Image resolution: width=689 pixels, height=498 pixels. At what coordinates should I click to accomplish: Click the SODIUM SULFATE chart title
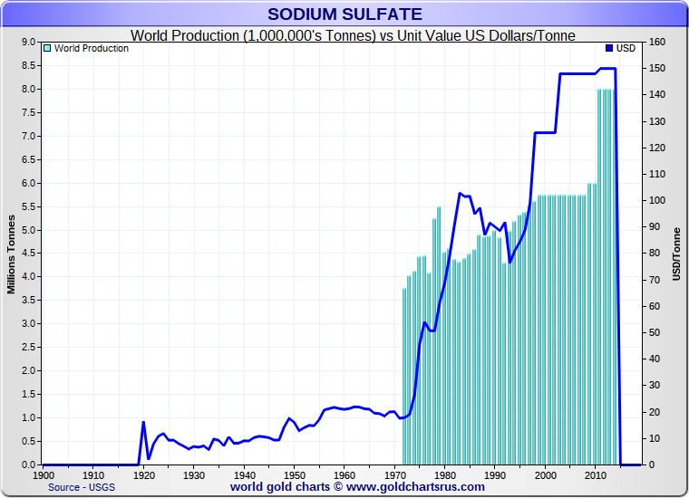[x=344, y=14]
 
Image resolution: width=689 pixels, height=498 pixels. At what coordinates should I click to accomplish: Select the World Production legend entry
[x=91, y=48]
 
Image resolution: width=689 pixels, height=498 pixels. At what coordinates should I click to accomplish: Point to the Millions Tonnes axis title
[x=12, y=254]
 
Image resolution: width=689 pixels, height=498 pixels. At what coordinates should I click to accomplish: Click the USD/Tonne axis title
[x=676, y=254]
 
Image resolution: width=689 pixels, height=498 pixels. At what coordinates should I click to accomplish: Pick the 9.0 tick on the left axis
[x=27, y=43]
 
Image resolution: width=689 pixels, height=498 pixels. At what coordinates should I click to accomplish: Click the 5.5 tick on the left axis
[x=27, y=206]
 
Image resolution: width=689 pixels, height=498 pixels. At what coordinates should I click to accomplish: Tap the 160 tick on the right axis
[x=657, y=43]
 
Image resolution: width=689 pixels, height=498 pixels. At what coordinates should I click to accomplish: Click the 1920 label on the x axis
[x=143, y=474]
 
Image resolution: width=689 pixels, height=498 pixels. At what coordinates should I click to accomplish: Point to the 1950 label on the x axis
[x=294, y=474]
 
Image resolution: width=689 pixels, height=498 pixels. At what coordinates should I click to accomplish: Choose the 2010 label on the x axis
[x=595, y=474]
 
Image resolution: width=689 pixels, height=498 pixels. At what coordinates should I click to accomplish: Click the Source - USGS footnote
[x=81, y=487]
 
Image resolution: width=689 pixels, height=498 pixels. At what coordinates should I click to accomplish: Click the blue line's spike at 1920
[x=143, y=422]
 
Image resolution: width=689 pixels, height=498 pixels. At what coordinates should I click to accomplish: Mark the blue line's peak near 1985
[x=461, y=193]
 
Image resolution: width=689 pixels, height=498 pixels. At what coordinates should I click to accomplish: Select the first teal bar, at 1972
[x=404, y=376]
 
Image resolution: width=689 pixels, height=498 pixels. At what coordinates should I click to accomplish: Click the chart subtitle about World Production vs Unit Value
[x=353, y=35]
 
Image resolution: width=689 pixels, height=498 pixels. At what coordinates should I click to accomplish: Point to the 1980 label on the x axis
[x=444, y=474]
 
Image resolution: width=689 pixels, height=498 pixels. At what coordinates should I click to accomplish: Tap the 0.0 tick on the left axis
[x=27, y=464]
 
